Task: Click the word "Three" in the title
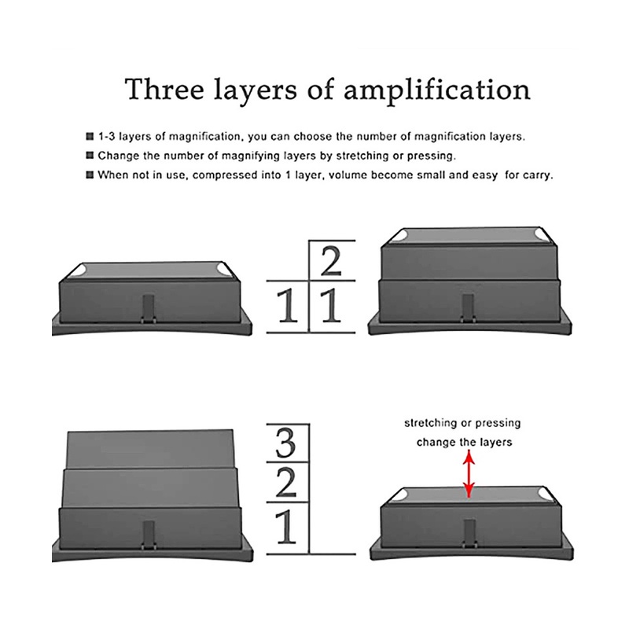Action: pyautogui.click(x=164, y=89)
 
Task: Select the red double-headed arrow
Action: pyautogui.click(x=469, y=474)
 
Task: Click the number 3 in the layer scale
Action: pyautogui.click(x=286, y=443)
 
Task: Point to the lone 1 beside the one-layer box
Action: pyautogui.click(x=288, y=306)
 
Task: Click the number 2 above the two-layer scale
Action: pyautogui.click(x=331, y=261)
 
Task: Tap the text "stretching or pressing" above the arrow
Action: pyautogui.click(x=462, y=423)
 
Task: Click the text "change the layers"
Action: pyautogui.click(x=464, y=442)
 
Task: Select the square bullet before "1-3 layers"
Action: pyautogui.click(x=90, y=136)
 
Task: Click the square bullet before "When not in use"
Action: pyautogui.click(x=90, y=175)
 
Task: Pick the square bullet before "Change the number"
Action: pyautogui.click(x=90, y=155)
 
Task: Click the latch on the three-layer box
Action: pyautogui.click(x=149, y=535)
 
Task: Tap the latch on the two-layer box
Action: pyautogui.click(x=468, y=308)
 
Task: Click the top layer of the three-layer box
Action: pyautogui.click(x=150, y=449)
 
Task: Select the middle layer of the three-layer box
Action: pyautogui.click(x=150, y=487)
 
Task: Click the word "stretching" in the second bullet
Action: pyautogui.click(x=362, y=156)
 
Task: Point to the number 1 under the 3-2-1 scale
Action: pyautogui.click(x=286, y=526)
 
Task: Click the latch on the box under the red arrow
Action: pyautogui.click(x=469, y=534)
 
